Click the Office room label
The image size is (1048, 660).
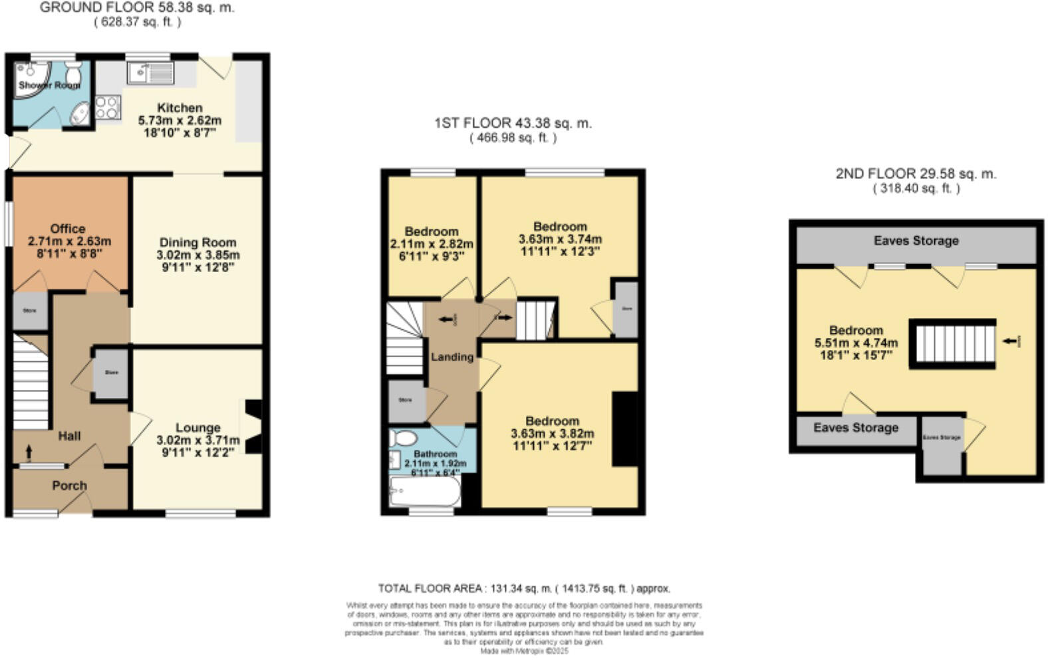click(x=68, y=228)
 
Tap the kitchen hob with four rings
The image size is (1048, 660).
click(x=108, y=108)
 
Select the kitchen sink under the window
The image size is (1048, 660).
click(x=152, y=72)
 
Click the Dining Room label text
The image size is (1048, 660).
click(x=197, y=243)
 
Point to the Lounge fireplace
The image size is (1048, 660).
click(x=253, y=426)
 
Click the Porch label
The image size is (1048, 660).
click(x=70, y=486)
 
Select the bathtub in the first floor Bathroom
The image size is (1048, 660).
click(x=424, y=493)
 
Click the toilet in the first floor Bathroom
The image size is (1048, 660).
click(x=403, y=438)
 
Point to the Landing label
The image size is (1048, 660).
click(x=452, y=357)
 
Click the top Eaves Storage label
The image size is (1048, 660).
click(x=916, y=241)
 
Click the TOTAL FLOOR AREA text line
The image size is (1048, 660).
click(x=524, y=589)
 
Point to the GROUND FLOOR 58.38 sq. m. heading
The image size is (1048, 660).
click(x=137, y=9)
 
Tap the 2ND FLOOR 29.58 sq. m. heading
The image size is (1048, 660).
click(x=916, y=174)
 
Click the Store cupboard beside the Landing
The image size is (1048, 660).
click(x=406, y=401)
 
